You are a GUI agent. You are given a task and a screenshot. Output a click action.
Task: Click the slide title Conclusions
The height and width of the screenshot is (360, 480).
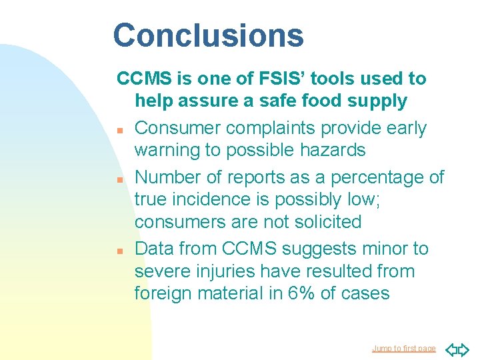pyautogui.click(x=208, y=35)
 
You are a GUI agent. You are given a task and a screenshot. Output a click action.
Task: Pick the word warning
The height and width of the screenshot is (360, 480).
pyautogui.click(x=167, y=151)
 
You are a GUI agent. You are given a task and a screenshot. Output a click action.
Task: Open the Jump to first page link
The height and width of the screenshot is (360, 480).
pyautogui.click(x=403, y=349)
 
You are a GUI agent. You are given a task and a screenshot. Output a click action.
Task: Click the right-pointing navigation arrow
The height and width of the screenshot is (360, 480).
pyautogui.click(x=465, y=349)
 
